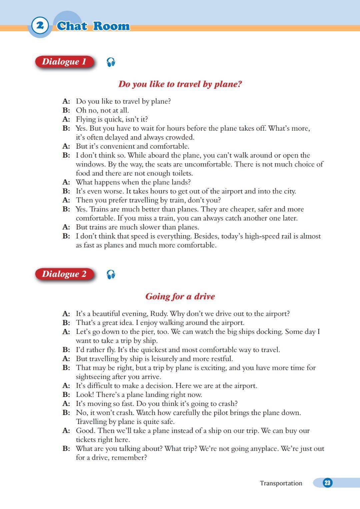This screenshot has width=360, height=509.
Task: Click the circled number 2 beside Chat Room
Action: [40, 25]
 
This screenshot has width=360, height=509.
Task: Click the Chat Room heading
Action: [93, 26]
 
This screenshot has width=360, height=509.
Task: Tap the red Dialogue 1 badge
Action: [64, 62]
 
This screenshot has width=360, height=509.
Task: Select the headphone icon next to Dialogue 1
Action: [111, 62]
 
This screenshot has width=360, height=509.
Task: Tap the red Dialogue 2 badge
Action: [64, 274]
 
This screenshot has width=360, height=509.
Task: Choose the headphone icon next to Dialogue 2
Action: [111, 275]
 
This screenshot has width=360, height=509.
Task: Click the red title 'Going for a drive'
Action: [180, 297]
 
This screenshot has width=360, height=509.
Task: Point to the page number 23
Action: [327, 483]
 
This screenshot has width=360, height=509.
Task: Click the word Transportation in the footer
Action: [281, 483]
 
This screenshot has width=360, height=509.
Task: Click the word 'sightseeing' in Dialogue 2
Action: [94, 377]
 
